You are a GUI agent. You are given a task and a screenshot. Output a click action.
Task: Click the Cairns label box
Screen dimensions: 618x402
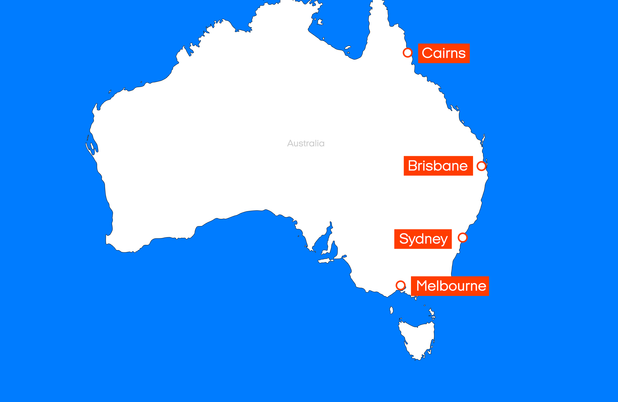[x=444, y=53]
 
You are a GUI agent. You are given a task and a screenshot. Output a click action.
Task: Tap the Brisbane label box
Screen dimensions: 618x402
[x=438, y=166]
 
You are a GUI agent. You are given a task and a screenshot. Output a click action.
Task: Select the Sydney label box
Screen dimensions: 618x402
[x=423, y=239]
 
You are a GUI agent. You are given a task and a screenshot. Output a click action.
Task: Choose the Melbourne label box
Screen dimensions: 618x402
[x=450, y=286]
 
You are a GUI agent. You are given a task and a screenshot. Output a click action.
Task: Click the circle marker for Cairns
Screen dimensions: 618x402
[x=408, y=53]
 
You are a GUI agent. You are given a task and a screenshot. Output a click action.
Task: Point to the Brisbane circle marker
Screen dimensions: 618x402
[x=481, y=166]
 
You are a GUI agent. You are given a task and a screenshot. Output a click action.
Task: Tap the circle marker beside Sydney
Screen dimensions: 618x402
[x=463, y=237]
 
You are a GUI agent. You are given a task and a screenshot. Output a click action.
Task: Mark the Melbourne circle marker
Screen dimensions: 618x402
[x=400, y=285]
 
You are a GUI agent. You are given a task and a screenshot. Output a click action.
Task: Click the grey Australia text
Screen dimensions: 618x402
[x=306, y=143]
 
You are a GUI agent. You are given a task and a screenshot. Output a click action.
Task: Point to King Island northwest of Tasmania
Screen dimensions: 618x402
[x=392, y=310]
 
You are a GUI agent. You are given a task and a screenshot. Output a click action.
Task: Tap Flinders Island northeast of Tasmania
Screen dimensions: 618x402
[x=432, y=312]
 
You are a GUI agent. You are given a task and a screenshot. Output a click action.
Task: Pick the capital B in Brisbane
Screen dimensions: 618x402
[x=413, y=166]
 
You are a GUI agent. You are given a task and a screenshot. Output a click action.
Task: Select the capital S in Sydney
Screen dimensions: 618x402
[x=404, y=239]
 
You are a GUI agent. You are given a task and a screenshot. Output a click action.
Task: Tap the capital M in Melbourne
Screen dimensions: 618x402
[x=423, y=286]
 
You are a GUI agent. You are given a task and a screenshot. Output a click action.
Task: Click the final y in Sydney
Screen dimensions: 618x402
[x=443, y=240]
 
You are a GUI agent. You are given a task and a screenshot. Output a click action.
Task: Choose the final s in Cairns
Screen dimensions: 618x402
[x=462, y=54]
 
